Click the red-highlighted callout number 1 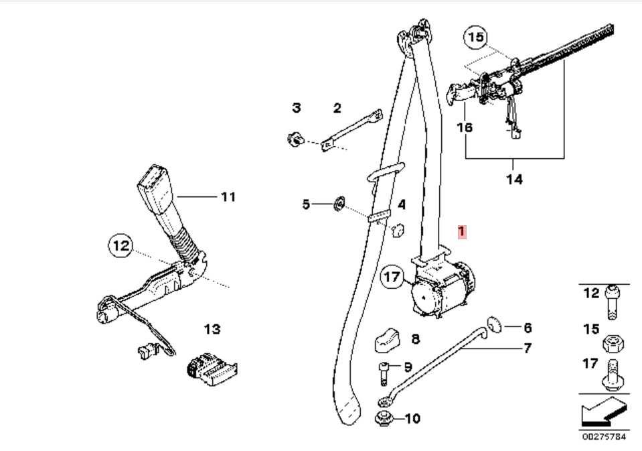(x=461, y=232)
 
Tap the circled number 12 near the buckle (x=121, y=247)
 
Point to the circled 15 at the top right (x=475, y=38)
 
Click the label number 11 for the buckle (x=228, y=197)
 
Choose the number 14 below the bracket (x=514, y=180)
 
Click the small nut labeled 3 (x=293, y=139)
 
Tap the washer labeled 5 (x=339, y=203)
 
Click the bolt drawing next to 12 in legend (x=611, y=302)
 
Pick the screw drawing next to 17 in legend (x=611, y=375)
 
